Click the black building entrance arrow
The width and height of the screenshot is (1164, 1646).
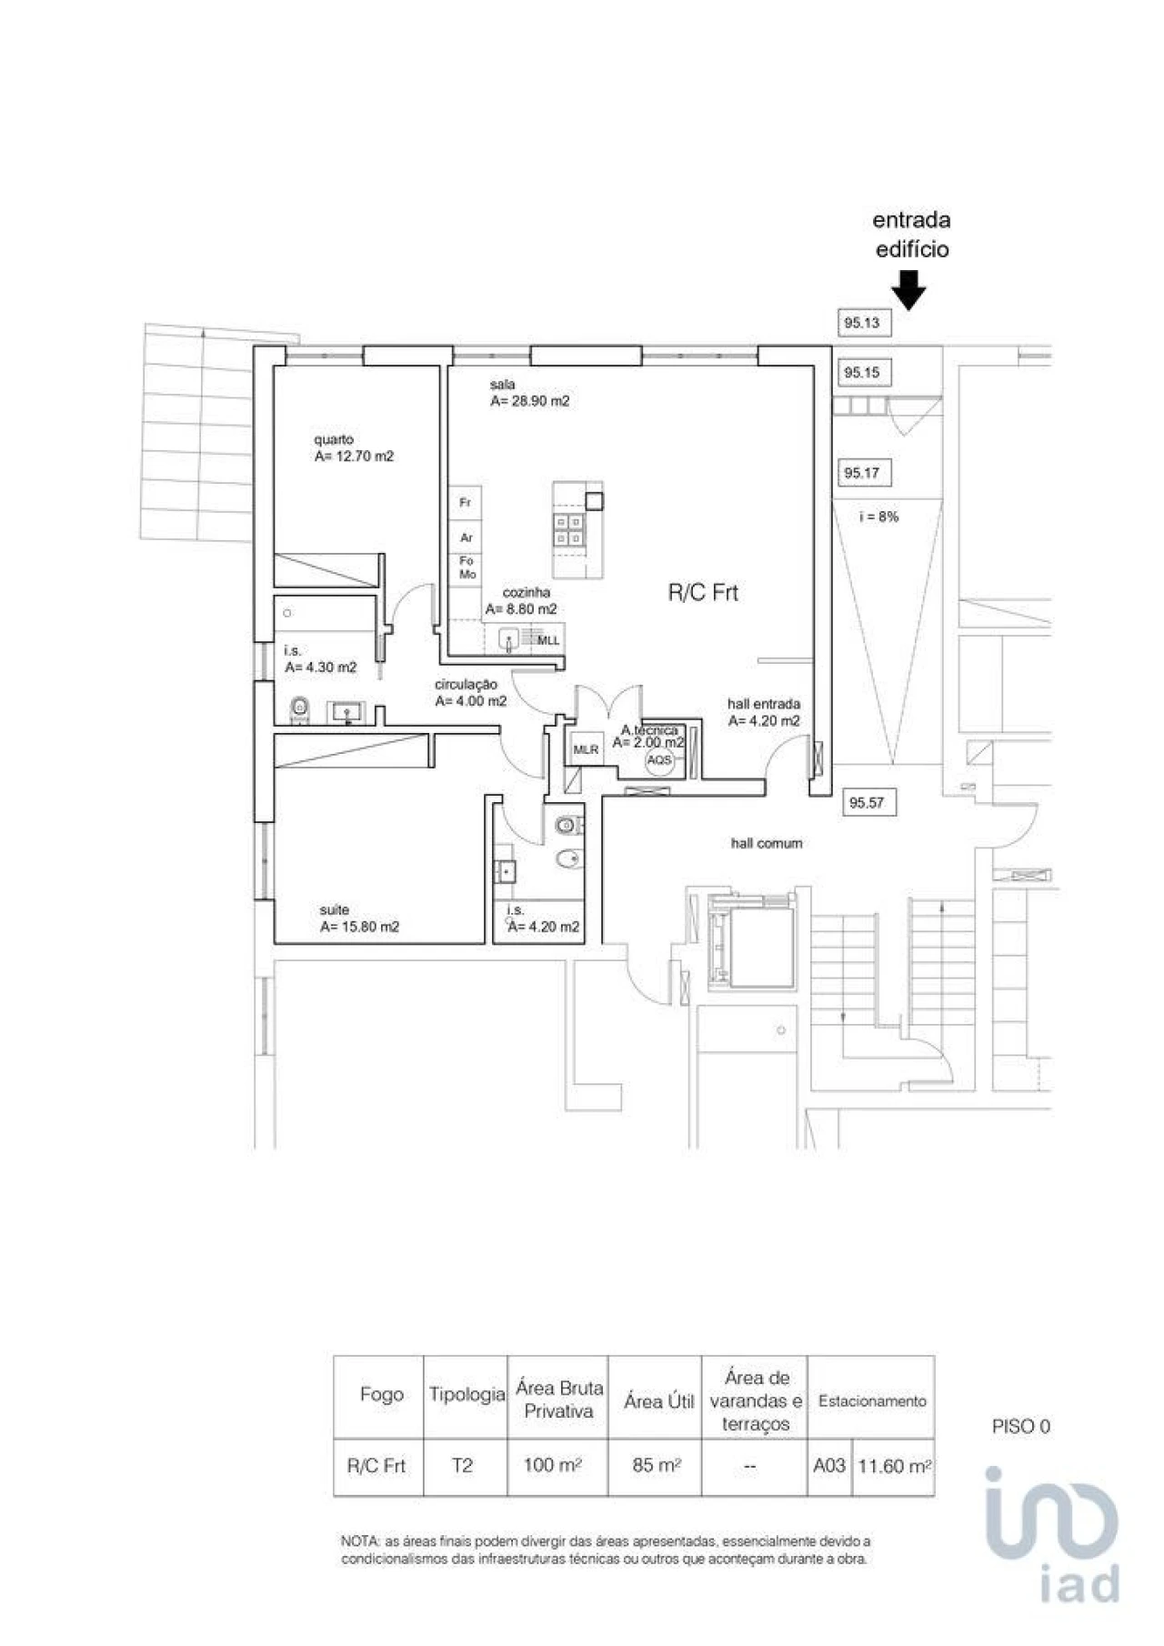pos(908,292)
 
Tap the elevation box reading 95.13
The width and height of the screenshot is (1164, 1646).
pos(861,323)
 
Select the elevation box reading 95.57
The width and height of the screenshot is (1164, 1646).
pos(866,803)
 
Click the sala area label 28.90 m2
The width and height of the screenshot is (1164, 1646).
pos(529,401)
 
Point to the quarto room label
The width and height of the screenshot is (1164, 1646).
pos(334,439)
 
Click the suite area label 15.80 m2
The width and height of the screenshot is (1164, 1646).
pos(359,928)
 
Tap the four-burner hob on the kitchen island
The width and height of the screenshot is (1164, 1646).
pos(569,530)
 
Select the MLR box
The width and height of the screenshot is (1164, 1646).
pos(586,749)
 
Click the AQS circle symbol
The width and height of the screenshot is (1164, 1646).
pos(659,760)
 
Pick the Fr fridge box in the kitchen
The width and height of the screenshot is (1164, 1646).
pos(465,503)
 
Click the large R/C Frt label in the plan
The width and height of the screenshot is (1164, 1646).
pos(703,593)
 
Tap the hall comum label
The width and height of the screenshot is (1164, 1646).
pos(767,844)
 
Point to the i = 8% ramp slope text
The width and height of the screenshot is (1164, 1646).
pos(878,517)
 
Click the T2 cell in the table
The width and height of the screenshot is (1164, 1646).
pos(463,1466)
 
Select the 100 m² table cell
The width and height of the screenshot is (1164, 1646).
pos(553,1466)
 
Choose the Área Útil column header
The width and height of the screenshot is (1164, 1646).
pos(658,1402)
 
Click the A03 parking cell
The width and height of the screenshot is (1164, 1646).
pos(828,1466)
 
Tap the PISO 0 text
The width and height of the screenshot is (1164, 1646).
pos(1020,1427)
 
